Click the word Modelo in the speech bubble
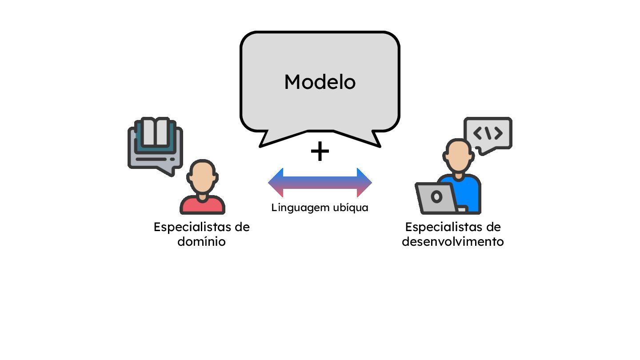(320, 82)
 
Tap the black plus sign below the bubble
(320, 152)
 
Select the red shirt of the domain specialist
(202, 205)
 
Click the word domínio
(201, 242)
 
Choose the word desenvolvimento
(452, 242)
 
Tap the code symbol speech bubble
(488, 133)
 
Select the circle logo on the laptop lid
(436, 196)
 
